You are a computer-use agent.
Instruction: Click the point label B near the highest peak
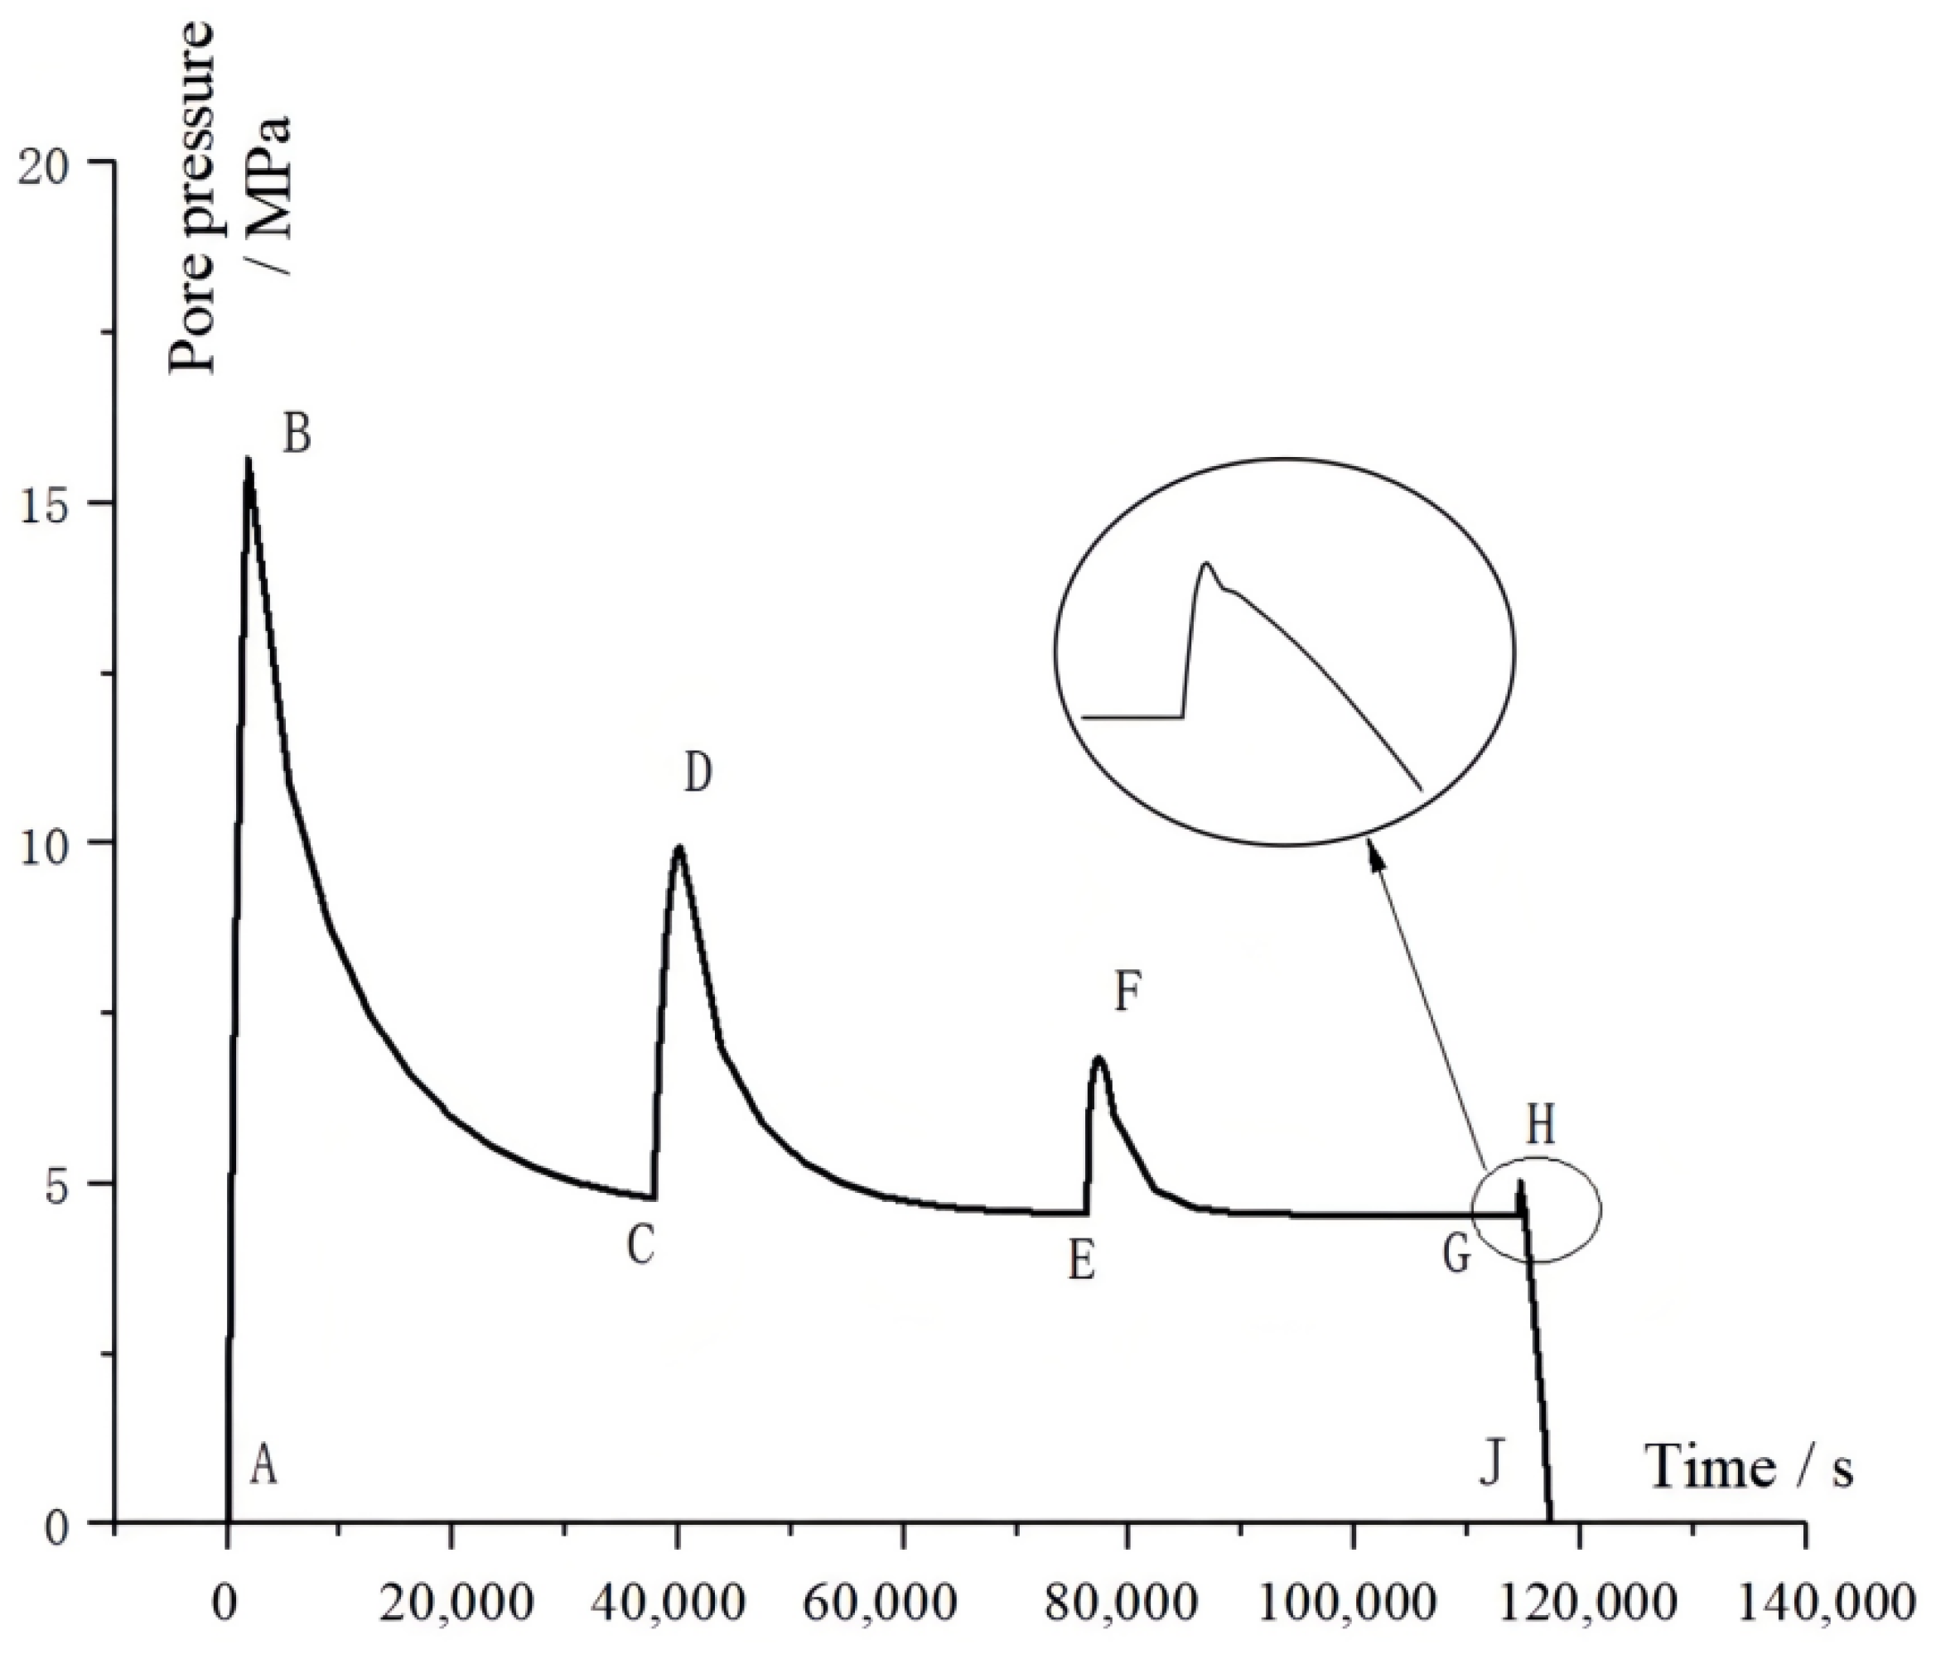pos(297,435)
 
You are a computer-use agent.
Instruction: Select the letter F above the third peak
pos(1127,993)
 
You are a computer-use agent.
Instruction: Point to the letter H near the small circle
pos(1540,1127)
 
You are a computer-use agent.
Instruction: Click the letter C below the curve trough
pos(640,1246)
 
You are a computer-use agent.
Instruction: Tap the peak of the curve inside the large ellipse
pos(1206,563)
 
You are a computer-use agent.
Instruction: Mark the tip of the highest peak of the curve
pos(248,459)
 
